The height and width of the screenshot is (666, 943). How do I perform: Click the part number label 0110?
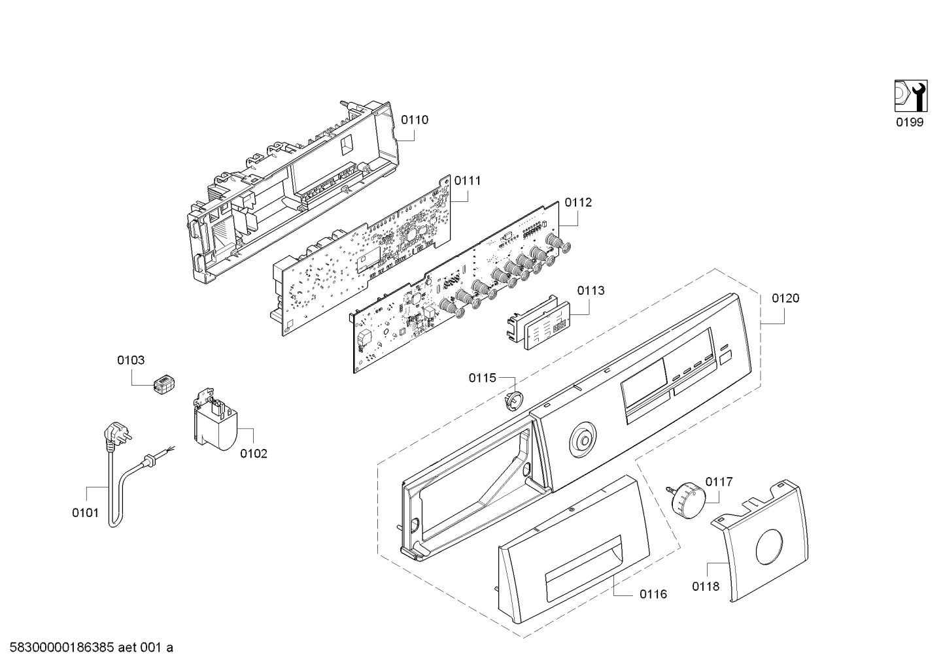point(414,120)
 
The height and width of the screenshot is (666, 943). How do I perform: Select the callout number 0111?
point(468,181)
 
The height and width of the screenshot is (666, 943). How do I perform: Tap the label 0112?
point(578,203)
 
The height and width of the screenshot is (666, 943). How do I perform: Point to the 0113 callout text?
point(591,290)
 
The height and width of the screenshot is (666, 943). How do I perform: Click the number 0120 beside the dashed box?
point(785,298)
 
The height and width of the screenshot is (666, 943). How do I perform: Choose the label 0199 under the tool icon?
point(909,122)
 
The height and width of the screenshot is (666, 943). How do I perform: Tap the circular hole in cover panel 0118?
point(769,547)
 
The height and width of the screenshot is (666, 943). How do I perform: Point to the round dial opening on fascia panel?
point(583,442)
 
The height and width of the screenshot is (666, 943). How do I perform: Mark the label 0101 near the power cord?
point(86,513)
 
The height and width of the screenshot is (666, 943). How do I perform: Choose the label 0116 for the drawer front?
point(653,594)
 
